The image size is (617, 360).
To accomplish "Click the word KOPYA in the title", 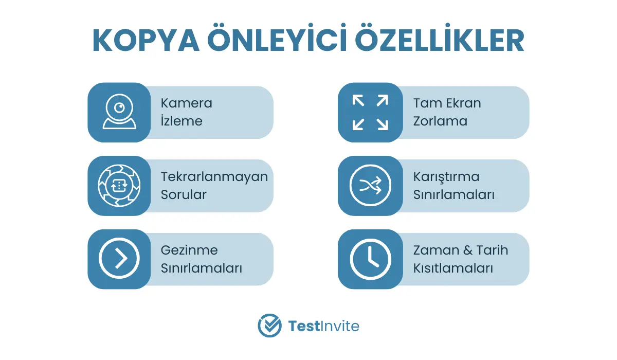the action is point(146,41).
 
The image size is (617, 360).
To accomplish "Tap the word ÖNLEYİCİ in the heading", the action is point(277,38).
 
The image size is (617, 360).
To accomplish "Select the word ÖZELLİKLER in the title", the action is point(440,38).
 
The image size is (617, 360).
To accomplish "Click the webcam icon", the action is point(119,112).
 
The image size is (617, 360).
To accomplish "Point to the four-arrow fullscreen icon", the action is point(370,113).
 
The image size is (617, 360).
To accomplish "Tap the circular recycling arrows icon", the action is point(119,185).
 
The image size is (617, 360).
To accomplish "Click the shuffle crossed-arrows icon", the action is point(370,185).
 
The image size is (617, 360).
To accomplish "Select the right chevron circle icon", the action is point(119,258).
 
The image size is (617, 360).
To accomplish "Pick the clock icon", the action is point(370,259).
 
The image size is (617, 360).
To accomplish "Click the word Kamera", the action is point(187,103).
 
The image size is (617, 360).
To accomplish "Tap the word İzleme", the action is point(182,121).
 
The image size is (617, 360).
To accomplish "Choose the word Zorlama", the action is point(440,121).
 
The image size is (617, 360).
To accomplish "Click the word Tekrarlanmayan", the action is point(214,177).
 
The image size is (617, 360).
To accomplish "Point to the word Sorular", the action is point(184,194).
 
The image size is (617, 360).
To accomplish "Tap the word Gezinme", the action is point(189,250).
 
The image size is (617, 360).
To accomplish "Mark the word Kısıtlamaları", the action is point(453,268).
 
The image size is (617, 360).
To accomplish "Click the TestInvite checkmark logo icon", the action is point(269,326).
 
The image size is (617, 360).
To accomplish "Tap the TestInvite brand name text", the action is point(323,326).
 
